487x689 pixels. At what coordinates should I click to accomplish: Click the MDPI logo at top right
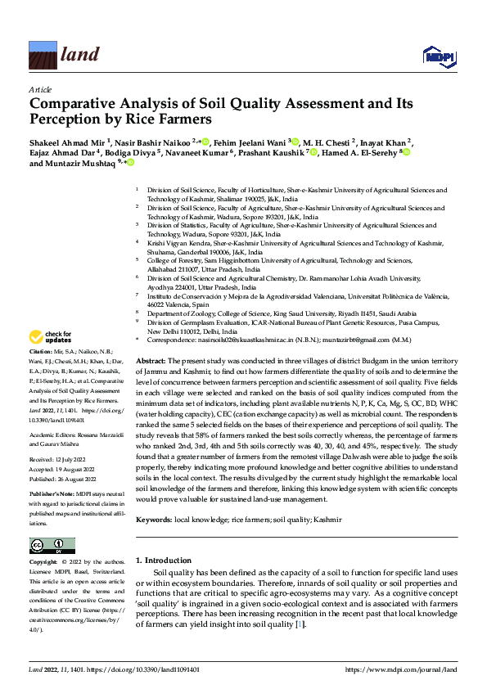click(x=438, y=56)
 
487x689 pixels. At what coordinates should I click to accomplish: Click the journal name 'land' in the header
click(x=80, y=55)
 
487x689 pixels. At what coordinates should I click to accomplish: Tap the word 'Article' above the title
click(x=40, y=89)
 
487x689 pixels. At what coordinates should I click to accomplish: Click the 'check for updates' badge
click(x=51, y=336)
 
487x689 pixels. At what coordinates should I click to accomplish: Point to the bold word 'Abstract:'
click(x=151, y=361)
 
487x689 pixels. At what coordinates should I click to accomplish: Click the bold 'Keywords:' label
click(x=153, y=520)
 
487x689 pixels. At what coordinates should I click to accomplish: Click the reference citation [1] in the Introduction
click(x=300, y=624)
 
